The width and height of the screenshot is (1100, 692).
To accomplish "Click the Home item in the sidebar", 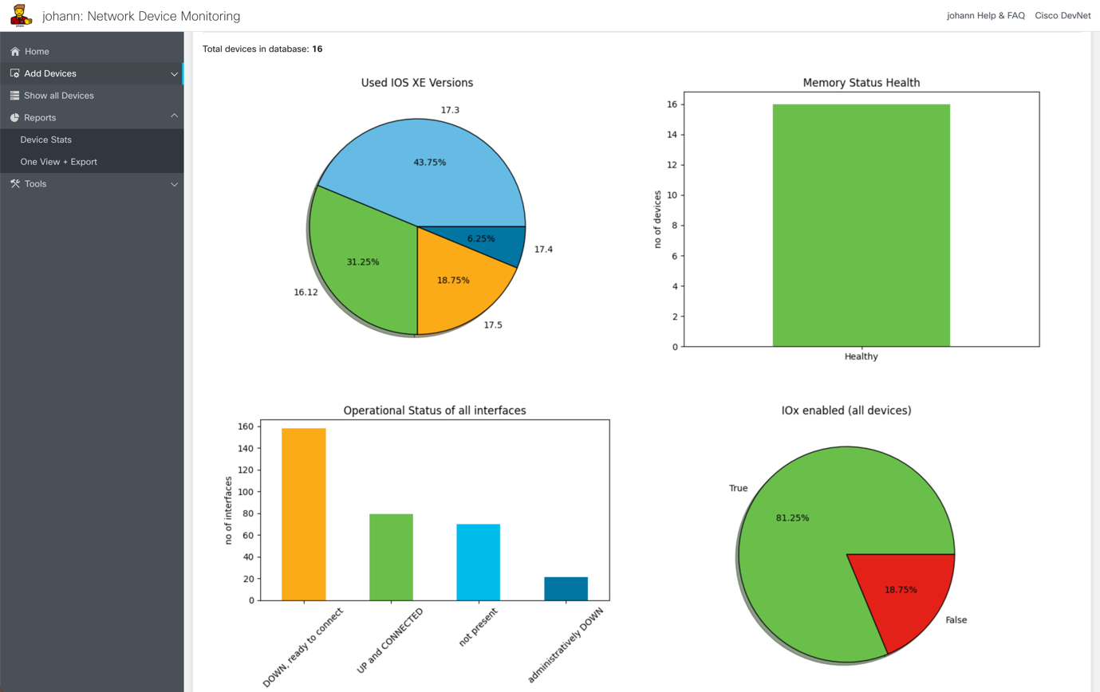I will tap(37, 52).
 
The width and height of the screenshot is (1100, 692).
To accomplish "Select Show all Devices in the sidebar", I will tap(58, 96).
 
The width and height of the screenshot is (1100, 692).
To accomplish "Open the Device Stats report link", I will tap(45, 140).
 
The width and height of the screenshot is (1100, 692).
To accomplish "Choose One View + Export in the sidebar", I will tap(58, 162).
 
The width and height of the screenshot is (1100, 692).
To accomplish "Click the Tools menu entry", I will tap(35, 184).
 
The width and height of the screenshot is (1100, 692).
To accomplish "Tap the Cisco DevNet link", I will tap(1062, 16).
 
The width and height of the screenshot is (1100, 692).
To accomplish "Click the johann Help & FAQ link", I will tap(985, 16).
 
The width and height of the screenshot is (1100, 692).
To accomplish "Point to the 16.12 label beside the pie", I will tap(306, 293).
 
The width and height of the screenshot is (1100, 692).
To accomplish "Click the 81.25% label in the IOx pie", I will tap(792, 518).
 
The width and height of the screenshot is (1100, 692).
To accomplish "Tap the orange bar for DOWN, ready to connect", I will tap(304, 514).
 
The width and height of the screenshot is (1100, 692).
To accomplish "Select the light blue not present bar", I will tap(479, 562).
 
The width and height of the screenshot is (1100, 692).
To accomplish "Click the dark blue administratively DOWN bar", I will tap(566, 588).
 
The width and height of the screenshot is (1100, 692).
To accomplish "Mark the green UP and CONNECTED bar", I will tap(391, 557).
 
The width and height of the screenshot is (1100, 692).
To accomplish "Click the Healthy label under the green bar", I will tap(861, 357).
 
